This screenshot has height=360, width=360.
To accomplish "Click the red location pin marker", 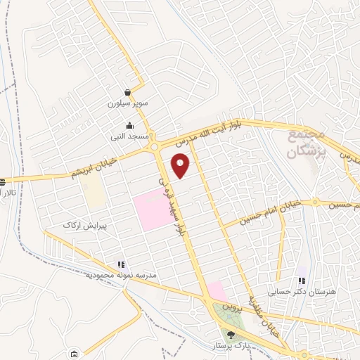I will pos(181,165).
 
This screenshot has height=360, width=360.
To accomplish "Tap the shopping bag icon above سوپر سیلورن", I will pos(127,92).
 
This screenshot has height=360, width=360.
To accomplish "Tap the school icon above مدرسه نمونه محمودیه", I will pos(121,264).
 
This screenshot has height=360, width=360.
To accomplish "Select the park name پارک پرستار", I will pos(230,347).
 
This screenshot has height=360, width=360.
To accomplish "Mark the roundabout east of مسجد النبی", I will pos(155,147).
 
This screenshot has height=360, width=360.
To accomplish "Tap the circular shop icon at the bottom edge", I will pos(72,354).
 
